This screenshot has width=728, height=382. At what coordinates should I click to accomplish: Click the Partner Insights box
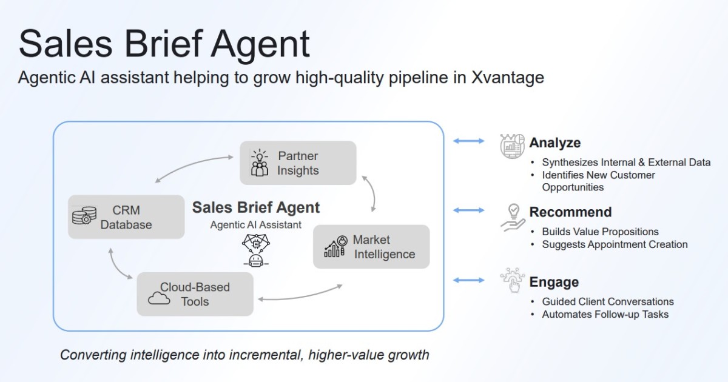(298, 163)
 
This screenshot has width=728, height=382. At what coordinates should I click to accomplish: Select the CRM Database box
(126, 217)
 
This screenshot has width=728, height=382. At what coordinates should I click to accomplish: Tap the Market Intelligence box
(371, 247)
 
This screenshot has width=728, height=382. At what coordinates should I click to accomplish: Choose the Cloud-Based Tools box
(195, 294)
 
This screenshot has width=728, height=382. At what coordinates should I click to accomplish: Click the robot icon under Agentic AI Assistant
(255, 250)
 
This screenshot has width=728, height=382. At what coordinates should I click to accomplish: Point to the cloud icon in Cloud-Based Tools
(159, 297)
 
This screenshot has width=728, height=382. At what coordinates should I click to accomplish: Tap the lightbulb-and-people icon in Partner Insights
(260, 163)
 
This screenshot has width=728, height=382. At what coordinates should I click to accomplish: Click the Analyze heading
(554, 142)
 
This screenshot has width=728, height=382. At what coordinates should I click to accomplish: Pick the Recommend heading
(570, 212)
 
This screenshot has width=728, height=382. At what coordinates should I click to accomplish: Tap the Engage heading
(554, 282)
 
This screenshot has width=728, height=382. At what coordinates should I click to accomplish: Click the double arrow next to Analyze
(469, 141)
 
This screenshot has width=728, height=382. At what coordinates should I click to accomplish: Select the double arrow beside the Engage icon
(469, 280)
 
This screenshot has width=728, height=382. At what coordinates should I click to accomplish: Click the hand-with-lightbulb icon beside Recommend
(513, 216)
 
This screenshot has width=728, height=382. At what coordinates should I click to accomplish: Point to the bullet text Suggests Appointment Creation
(615, 244)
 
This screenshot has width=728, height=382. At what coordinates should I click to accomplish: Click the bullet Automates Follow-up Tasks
(605, 314)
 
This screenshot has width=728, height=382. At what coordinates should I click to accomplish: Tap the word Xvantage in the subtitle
(507, 78)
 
